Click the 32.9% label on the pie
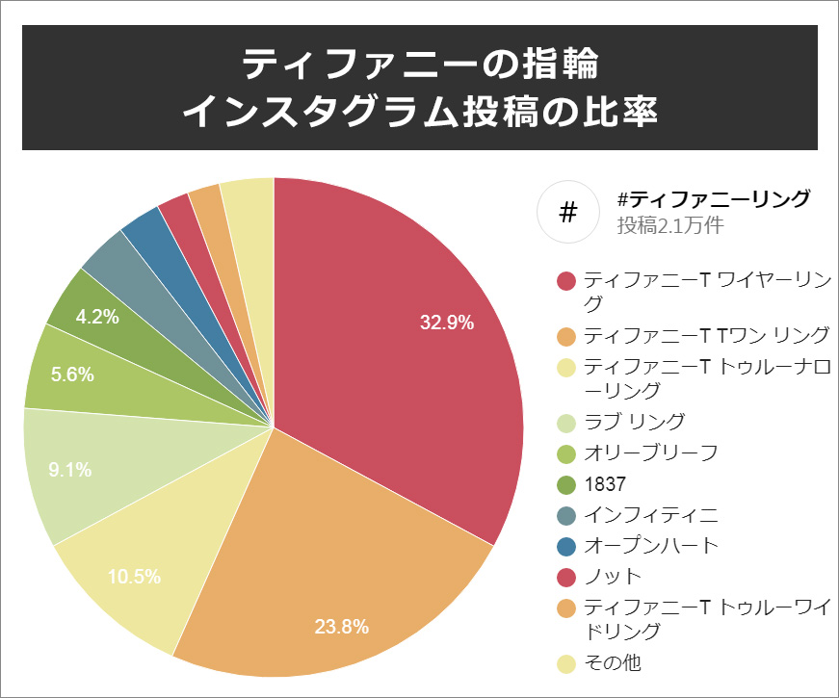tap(447, 323)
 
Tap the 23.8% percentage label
tap(342, 627)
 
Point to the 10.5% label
tap(134, 577)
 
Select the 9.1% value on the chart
tap(70, 470)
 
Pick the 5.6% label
tap(73, 375)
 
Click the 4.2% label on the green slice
tap(97, 316)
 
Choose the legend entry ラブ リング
tap(635, 421)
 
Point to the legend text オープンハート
tap(651, 545)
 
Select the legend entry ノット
tap(613, 576)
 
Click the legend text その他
tap(613, 662)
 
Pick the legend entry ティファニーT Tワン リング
tap(706, 335)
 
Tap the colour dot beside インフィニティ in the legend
tap(566, 514)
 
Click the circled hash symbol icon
tap(567, 211)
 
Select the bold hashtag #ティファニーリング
tap(714, 199)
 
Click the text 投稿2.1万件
tap(670, 226)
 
